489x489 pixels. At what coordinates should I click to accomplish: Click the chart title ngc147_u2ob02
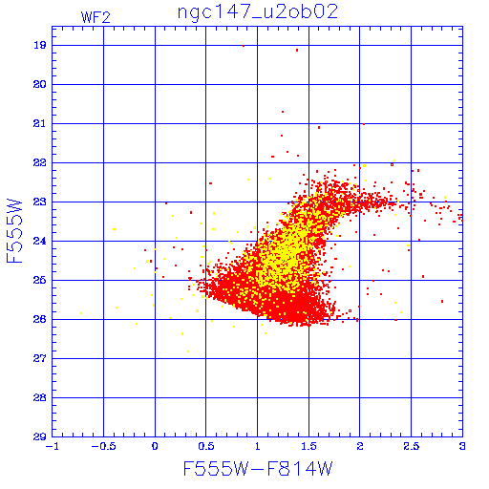tap(258, 12)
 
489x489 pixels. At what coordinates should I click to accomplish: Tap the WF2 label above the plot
tap(96, 17)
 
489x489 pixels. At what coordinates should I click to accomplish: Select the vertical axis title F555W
tap(14, 231)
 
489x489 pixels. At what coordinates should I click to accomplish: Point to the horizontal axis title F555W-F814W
tap(258, 468)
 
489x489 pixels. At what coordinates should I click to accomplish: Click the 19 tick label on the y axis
tap(39, 45)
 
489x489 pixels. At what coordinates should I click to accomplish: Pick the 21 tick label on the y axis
tap(39, 123)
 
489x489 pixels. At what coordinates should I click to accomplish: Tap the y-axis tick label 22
tap(39, 162)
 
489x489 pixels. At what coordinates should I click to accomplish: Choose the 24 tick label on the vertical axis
tap(39, 241)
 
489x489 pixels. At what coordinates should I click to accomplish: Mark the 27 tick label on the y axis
tap(39, 358)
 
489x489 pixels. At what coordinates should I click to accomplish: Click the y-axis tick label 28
tap(39, 397)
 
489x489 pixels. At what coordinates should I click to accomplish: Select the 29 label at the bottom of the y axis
tap(39, 436)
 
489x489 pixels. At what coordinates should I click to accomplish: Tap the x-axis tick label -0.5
tap(102, 446)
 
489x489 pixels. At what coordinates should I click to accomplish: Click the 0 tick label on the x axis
tap(155, 446)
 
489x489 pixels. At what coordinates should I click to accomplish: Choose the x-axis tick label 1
tap(258, 446)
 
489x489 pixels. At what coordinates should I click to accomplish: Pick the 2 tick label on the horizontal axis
tap(360, 446)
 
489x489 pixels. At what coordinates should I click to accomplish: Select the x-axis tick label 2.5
tap(412, 446)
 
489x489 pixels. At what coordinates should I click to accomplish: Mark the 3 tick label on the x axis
tap(462, 446)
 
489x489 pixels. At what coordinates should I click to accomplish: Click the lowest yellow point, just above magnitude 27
tap(188, 351)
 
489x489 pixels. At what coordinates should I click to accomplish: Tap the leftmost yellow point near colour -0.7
tap(81, 313)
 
